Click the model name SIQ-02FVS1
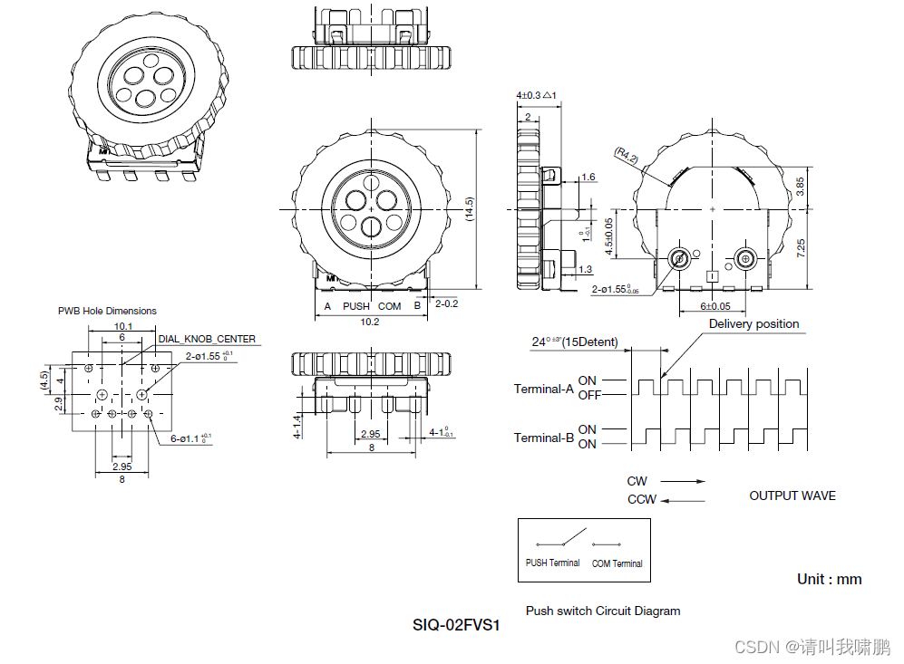coord(457,625)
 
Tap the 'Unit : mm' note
coord(829,579)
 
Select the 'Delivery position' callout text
coord(753,324)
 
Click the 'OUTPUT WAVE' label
coord(792,496)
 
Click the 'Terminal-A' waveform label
coord(544,389)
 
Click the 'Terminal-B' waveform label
coord(544,438)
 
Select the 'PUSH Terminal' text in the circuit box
coord(552,563)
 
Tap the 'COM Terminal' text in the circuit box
coord(617,563)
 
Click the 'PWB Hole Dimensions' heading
coord(107,311)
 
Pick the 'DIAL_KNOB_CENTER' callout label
coord(207,339)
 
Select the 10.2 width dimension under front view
coord(369,322)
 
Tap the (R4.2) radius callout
coord(627,156)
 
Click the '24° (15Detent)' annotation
coord(575,342)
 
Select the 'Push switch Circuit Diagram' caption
coord(603,611)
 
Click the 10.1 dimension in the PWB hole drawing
coord(123,326)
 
